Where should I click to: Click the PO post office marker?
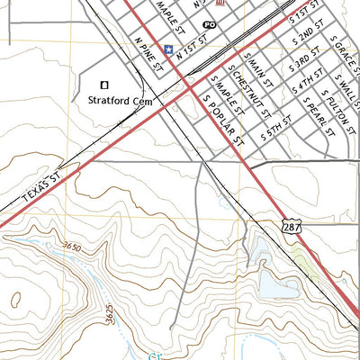click(x=210, y=25)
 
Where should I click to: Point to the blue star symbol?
click(x=167, y=49)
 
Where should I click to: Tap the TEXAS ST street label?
click(x=38, y=190)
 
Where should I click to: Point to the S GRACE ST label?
click(x=340, y=53)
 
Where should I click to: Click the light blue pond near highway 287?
click(x=278, y=286)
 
